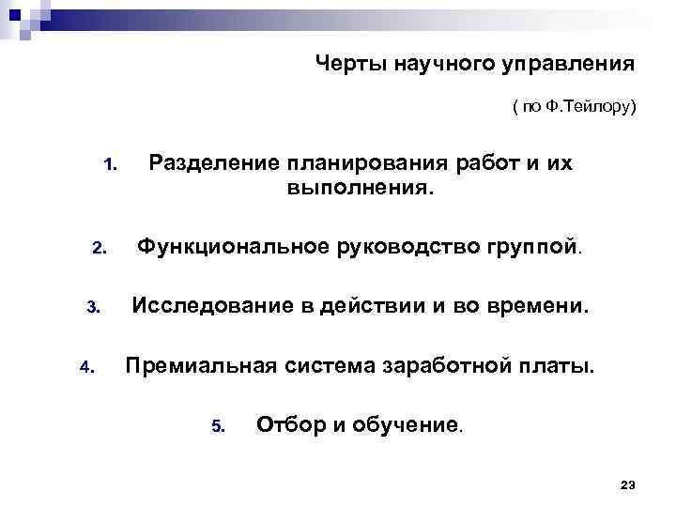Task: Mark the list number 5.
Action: click(x=218, y=426)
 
